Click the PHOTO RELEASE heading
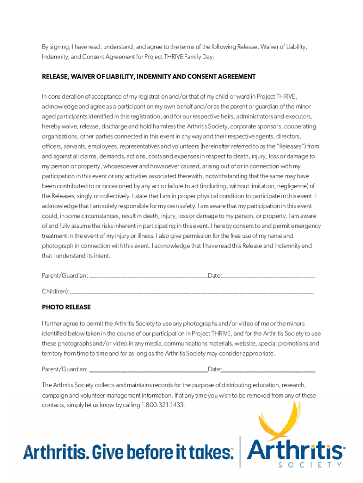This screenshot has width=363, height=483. coord(66,307)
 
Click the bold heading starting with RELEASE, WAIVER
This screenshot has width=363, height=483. coord(148,76)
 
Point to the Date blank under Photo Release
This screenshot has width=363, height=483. coord(269,370)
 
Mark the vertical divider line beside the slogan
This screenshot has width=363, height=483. coord(240,451)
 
